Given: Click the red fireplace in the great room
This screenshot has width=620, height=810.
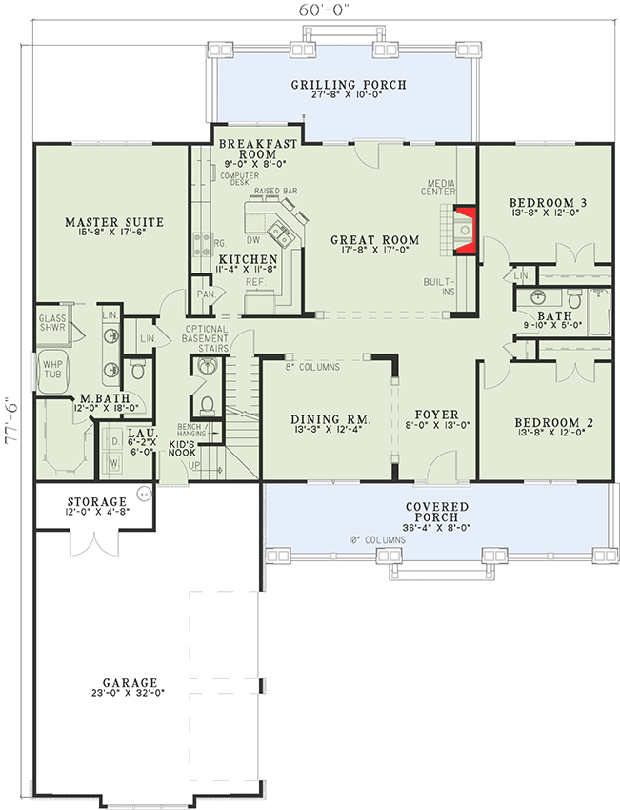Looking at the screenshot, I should click(464, 232).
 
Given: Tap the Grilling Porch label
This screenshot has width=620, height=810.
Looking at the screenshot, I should click(348, 86).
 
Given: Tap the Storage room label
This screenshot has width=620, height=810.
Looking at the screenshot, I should click(96, 501).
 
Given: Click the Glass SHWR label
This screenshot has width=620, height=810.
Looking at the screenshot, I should click(51, 320).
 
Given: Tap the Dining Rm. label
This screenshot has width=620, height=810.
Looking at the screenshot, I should click(330, 420).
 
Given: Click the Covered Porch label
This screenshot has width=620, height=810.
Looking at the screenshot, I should click(436, 506).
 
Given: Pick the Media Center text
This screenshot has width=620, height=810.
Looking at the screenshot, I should click(442, 186).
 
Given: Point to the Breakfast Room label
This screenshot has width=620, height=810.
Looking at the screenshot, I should click(258, 149).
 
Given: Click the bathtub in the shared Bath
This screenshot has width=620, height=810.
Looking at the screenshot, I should click(598, 312).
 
